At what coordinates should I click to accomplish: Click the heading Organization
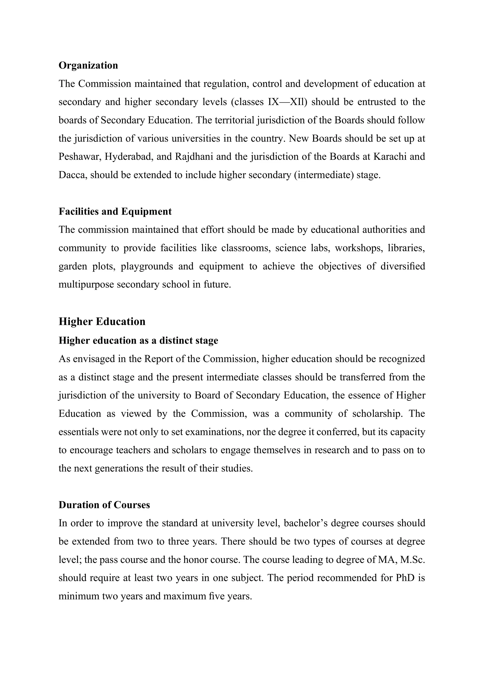tap(88, 65)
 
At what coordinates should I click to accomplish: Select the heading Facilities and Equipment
tap(115, 212)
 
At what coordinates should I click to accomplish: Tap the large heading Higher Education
tap(102, 322)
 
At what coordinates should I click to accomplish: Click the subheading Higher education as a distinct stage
tap(138, 340)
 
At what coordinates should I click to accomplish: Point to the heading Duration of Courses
tap(104, 505)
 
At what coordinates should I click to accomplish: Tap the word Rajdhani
tap(194, 157)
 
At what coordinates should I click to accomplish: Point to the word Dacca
tap(73, 175)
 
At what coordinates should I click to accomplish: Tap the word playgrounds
tap(147, 266)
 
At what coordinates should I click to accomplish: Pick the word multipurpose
tap(86, 284)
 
